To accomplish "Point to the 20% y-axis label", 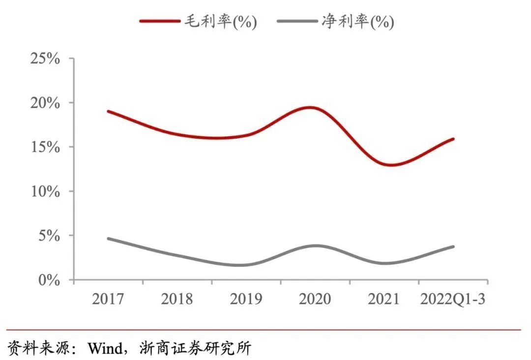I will coord(45,103).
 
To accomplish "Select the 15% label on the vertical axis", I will coord(45,147).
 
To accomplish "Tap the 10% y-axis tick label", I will coord(45,191).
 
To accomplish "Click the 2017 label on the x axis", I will coord(108,299).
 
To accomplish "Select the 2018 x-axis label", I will coord(177,299).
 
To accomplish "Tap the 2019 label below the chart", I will coord(246,299).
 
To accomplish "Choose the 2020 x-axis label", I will coord(315,299).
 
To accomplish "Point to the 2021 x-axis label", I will coord(383,299).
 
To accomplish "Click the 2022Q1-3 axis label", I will coord(452,299).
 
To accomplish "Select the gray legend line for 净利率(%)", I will coord(297,21).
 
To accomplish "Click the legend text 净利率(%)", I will coord(357,22).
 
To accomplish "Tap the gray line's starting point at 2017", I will coord(108,239).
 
